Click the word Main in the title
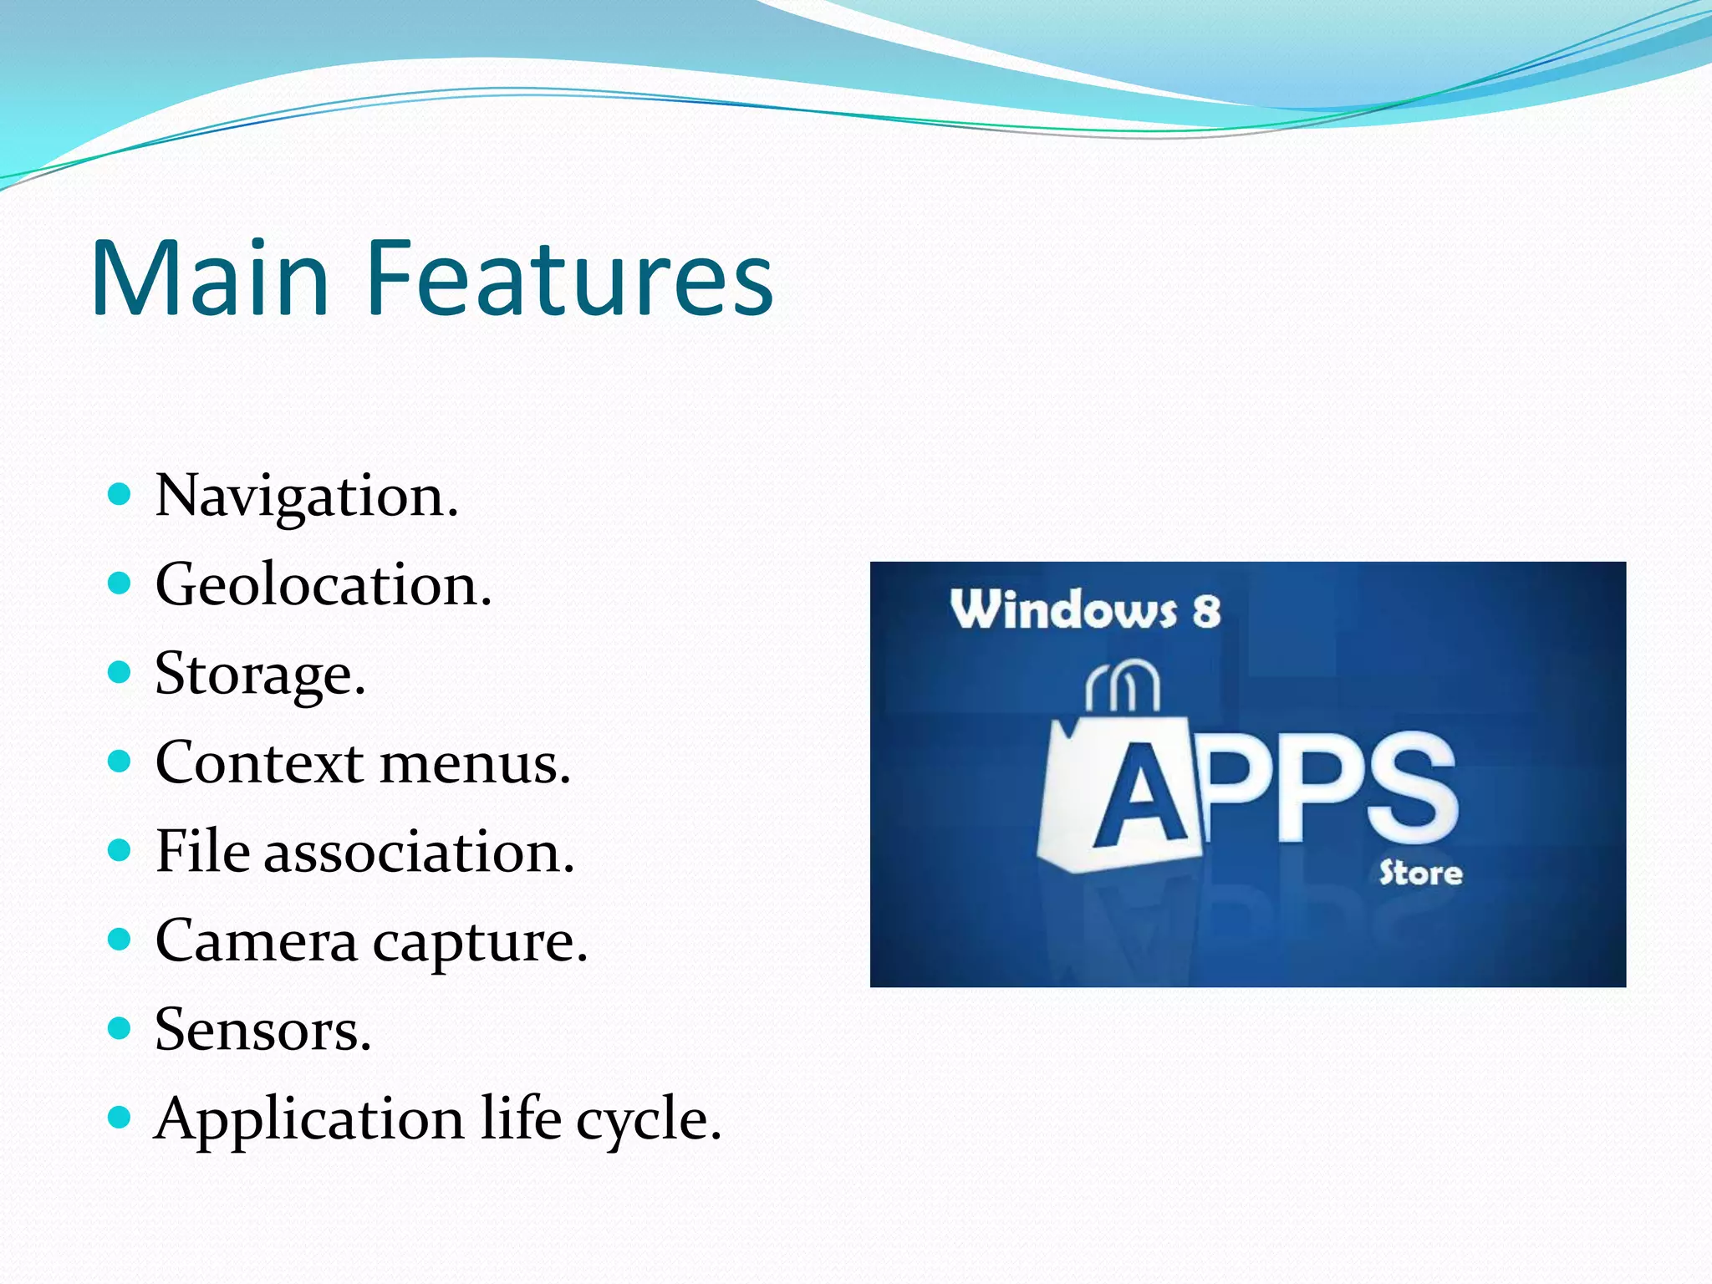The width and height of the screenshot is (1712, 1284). (210, 278)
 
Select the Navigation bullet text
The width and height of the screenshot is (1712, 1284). (307, 497)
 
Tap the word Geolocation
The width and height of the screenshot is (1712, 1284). (324, 585)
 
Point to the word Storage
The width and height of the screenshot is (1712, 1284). (260, 675)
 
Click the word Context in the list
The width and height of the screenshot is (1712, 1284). (260, 763)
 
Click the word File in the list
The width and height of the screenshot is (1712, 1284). (202, 852)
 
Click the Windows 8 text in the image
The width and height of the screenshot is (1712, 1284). (1085, 609)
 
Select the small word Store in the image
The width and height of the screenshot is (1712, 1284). (1420, 874)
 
